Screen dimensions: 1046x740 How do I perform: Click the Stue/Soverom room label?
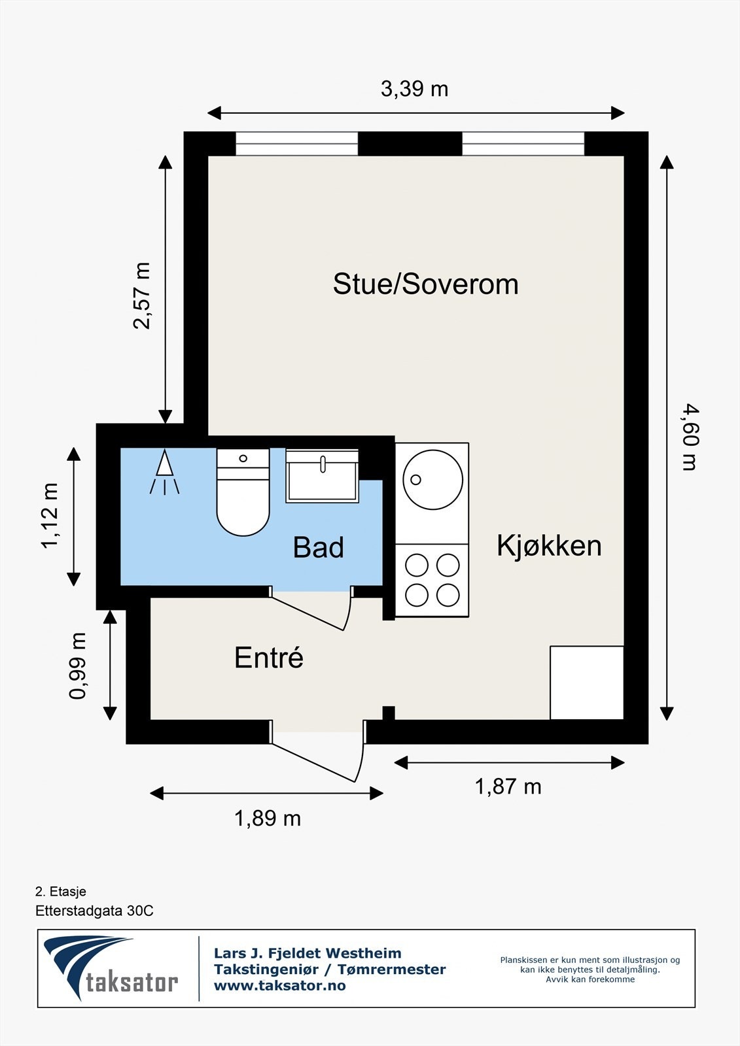[425, 284]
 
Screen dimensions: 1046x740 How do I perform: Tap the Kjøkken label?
[548, 545]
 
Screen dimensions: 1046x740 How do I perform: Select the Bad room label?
[318, 547]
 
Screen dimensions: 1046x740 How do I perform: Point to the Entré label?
[269, 658]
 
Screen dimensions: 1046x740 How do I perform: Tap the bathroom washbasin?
[322, 477]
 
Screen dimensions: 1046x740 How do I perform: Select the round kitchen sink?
[432, 480]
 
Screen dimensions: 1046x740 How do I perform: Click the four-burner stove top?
[432, 580]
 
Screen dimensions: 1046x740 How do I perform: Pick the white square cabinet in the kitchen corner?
[586, 683]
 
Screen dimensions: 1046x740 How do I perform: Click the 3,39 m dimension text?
[414, 88]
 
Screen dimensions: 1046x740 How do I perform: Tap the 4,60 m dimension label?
[690, 437]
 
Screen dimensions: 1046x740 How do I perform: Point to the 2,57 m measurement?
[142, 295]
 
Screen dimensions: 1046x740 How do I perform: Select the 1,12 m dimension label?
[50, 516]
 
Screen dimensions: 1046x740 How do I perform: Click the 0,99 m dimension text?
[78, 666]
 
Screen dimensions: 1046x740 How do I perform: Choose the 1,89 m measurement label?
[267, 818]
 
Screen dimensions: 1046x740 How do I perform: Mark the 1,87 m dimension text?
[508, 786]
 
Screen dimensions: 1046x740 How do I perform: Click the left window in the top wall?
[296, 144]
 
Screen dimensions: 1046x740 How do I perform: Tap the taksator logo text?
[132, 982]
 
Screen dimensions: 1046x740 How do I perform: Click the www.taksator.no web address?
[279, 985]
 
